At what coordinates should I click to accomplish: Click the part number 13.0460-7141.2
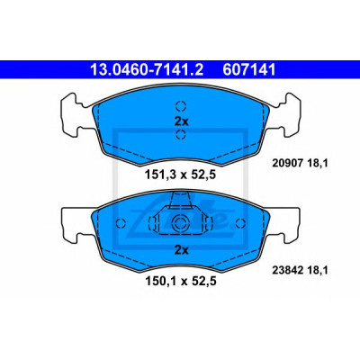point(147,69)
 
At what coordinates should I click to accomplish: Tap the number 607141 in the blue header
point(248,69)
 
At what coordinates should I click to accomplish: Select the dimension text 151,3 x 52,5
point(181,175)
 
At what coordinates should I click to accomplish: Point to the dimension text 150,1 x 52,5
point(181,282)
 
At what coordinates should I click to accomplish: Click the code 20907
point(284,163)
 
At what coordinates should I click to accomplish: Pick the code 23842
point(284,271)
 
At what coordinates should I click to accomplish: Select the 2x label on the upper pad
point(181,121)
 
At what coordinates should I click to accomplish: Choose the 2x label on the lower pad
point(181,250)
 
